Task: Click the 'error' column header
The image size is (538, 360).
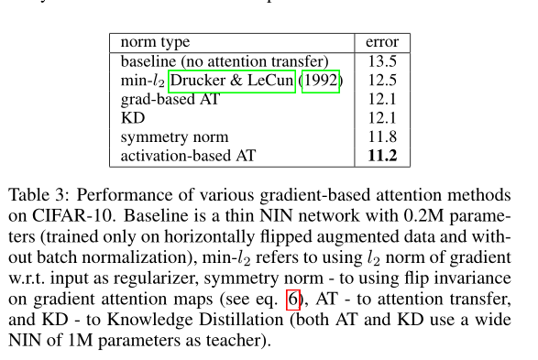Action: point(381,42)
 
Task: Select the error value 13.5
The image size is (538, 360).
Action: point(381,61)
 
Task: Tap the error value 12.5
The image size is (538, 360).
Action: point(381,82)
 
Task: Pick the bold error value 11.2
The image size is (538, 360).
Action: point(381,156)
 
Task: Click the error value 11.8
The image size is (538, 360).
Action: point(381,137)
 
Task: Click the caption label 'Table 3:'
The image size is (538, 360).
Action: point(40,196)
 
